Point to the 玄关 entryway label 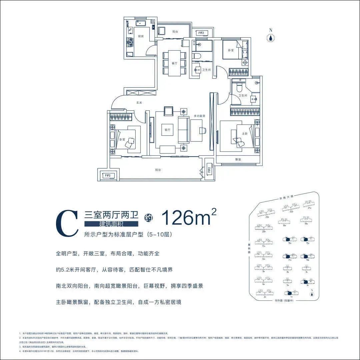coord(139,103)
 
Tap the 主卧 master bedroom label coord(245,133)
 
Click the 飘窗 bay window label coord(238,160)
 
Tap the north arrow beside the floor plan coord(271,37)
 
